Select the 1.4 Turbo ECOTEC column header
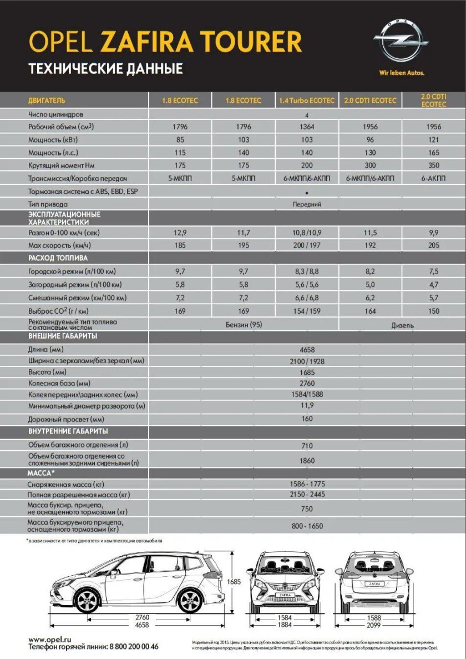(x=307, y=100)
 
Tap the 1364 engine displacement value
(x=307, y=127)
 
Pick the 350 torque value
(x=434, y=165)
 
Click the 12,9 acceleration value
(x=180, y=233)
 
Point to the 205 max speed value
(x=434, y=245)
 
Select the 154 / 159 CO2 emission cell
(x=307, y=311)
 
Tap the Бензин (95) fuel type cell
(x=244, y=324)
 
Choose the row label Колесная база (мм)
(x=59, y=384)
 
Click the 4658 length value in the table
(x=307, y=350)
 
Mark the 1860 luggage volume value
(x=307, y=461)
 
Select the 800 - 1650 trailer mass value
(x=307, y=526)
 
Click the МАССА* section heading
(x=42, y=473)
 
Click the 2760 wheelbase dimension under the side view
(x=143, y=617)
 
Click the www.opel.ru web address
(x=50, y=640)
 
